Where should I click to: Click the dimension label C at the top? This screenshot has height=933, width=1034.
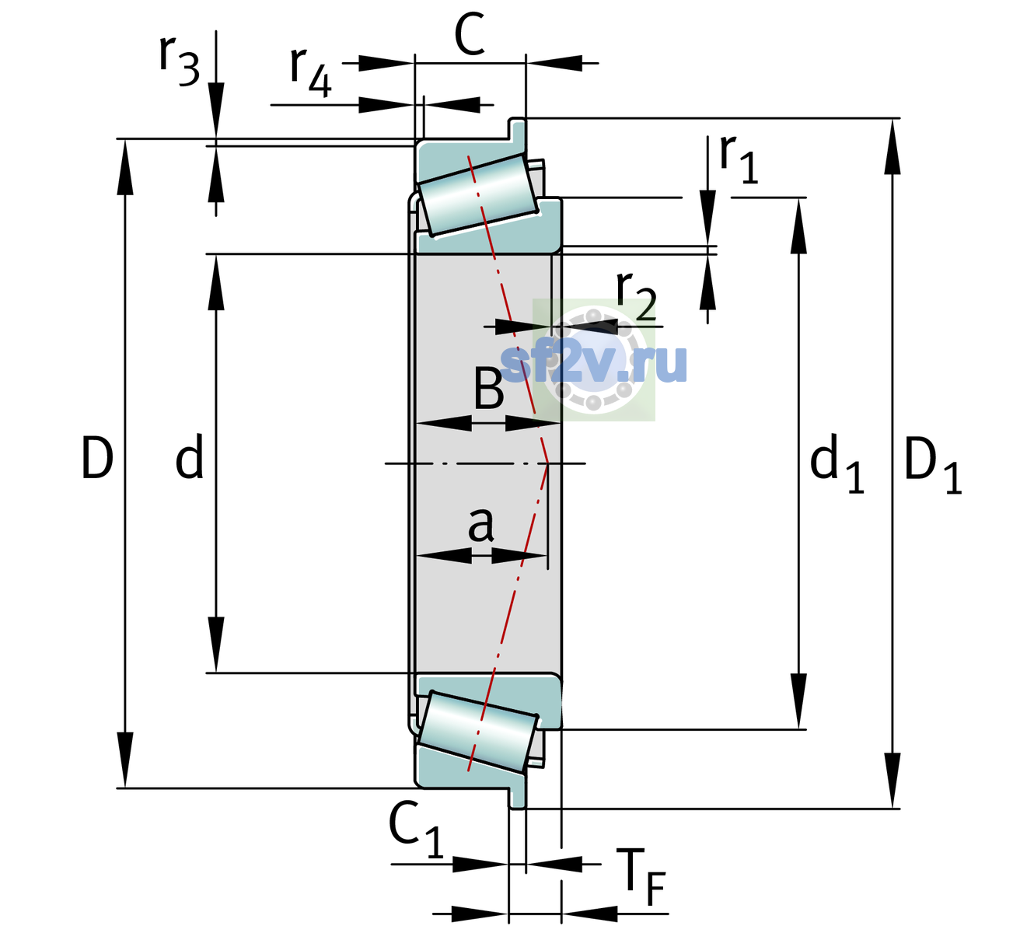[x=469, y=35]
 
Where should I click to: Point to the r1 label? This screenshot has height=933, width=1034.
[x=739, y=158]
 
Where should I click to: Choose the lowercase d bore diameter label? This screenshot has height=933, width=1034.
[x=189, y=456]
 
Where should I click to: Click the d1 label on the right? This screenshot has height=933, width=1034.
[x=837, y=463]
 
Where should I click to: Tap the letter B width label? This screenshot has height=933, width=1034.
[x=488, y=388]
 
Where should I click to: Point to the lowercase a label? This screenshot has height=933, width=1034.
[x=480, y=525]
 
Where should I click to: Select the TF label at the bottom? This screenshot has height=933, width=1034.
[x=645, y=877]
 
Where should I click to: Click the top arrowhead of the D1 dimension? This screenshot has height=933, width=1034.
[x=893, y=147]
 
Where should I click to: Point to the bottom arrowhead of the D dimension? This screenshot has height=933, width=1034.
[x=124, y=760]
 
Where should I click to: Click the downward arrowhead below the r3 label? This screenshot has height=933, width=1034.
[x=216, y=110]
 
